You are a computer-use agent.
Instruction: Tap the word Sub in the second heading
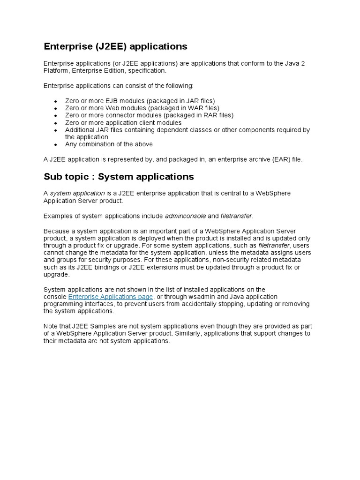(x=52, y=177)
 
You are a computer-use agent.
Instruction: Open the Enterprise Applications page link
(x=111, y=297)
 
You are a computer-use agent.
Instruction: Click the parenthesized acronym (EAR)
(x=278, y=159)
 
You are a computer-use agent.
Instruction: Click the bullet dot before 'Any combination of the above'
(x=55, y=145)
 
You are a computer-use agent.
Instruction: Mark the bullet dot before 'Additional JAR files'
(x=55, y=130)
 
